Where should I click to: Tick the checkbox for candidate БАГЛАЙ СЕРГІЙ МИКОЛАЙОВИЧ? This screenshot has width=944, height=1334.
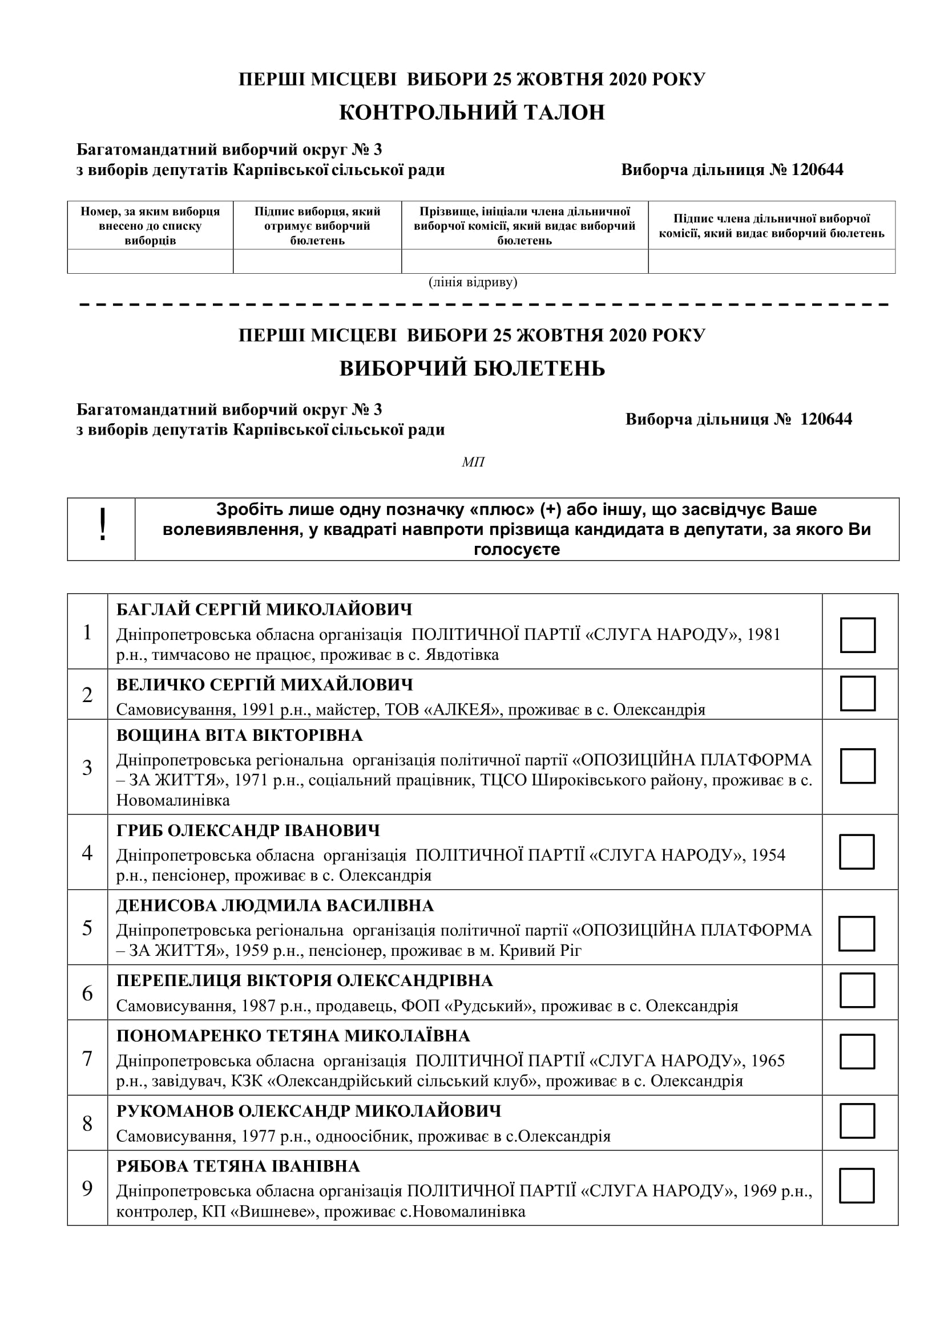857,635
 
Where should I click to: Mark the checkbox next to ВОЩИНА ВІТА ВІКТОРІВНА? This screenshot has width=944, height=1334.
857,766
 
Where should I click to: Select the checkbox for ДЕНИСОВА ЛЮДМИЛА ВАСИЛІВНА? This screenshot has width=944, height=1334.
857,934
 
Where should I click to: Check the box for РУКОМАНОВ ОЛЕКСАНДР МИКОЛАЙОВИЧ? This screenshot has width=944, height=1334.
857,1121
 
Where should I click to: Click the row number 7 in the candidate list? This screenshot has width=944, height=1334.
87,1059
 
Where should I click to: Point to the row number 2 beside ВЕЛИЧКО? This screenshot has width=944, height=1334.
87,695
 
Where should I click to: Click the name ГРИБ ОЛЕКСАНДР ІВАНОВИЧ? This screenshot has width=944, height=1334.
248,830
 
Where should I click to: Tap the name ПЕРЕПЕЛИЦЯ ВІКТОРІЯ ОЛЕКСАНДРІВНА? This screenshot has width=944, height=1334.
305,981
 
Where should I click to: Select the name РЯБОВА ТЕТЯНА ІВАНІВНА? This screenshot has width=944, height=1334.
239,1166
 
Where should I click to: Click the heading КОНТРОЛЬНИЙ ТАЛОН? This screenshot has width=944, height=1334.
472,112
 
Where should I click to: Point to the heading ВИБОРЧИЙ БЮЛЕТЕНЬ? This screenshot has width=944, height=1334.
472,369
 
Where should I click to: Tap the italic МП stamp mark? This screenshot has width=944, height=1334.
473,463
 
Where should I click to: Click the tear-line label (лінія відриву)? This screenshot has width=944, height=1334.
473,282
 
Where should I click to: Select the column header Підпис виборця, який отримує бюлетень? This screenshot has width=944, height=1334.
317,226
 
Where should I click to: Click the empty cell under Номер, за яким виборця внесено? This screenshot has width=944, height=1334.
150,261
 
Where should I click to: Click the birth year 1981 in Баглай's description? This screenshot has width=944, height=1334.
763,634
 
